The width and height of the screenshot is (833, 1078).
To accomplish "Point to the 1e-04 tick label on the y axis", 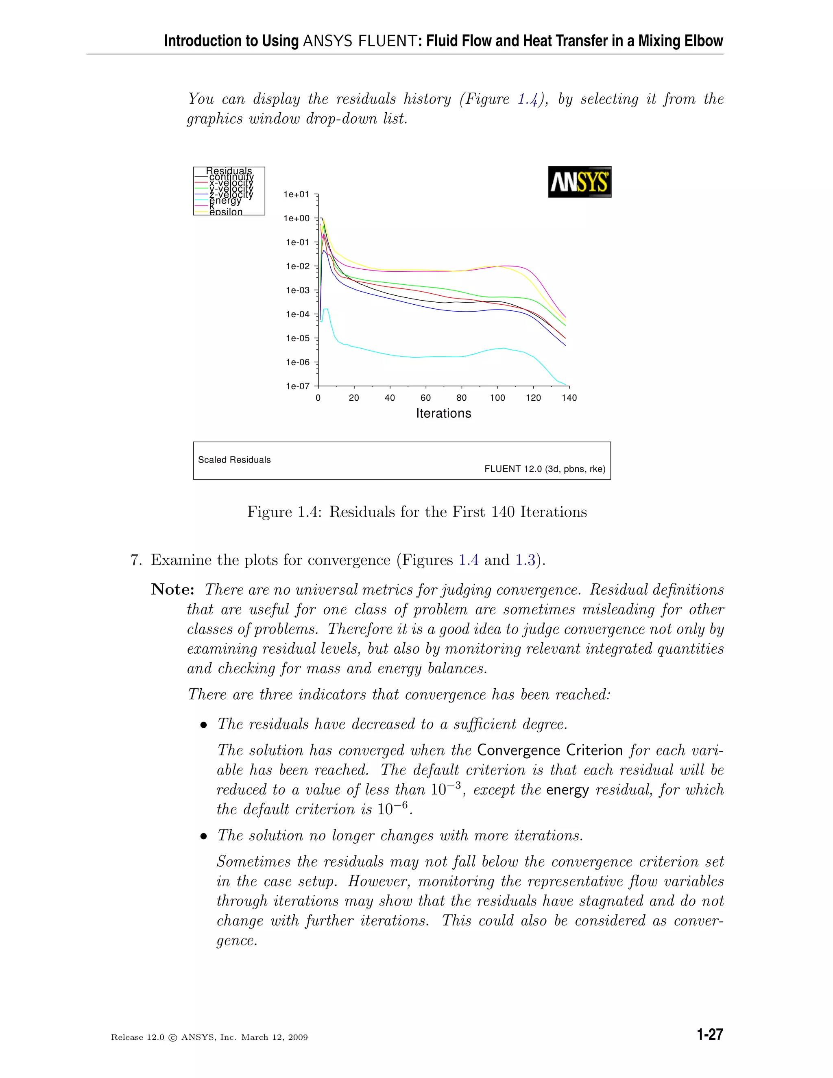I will pyautogui.click(x=298, y=314).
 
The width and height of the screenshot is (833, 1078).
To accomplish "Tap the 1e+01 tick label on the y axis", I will pyautogui.click(x=297, y=194).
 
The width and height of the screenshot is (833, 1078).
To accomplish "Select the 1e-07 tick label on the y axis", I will pyautogui.click(x=298, y=386).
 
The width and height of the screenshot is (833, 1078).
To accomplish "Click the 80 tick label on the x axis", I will pyautogui.click(x=461, y=398).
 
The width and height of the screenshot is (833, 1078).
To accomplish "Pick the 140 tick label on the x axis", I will pyautogui.click(x=569, y=398).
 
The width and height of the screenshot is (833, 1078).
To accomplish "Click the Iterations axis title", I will pyautogui.click(x=443, y=414).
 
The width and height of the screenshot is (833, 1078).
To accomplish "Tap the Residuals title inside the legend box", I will pyautogui.click(x=229, y=171).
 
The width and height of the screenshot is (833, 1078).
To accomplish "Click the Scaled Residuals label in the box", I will pyautogui.click(x=234, y=460).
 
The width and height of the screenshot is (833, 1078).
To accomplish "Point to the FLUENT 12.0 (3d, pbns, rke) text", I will pyautogui.click(x=544, y=469).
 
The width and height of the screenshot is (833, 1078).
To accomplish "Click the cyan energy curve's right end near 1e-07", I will pyautogui.click(x=565, y=384).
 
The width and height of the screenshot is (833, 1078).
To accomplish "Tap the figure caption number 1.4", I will pyautogui.click(x=308, y=512).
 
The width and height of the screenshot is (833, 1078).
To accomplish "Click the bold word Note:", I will pyautogui.click(x=172, y=590).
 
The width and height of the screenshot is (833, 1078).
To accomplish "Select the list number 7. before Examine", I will pyautogui.click(x=137, y=560).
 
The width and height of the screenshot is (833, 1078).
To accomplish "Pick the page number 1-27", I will pyautogui.click(x=710, y=1035).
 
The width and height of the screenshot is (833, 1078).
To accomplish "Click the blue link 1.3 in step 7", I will pyautogui.click(x=525, y=560).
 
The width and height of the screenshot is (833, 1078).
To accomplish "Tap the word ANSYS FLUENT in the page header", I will pyautogui.click(x=360, y=41).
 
